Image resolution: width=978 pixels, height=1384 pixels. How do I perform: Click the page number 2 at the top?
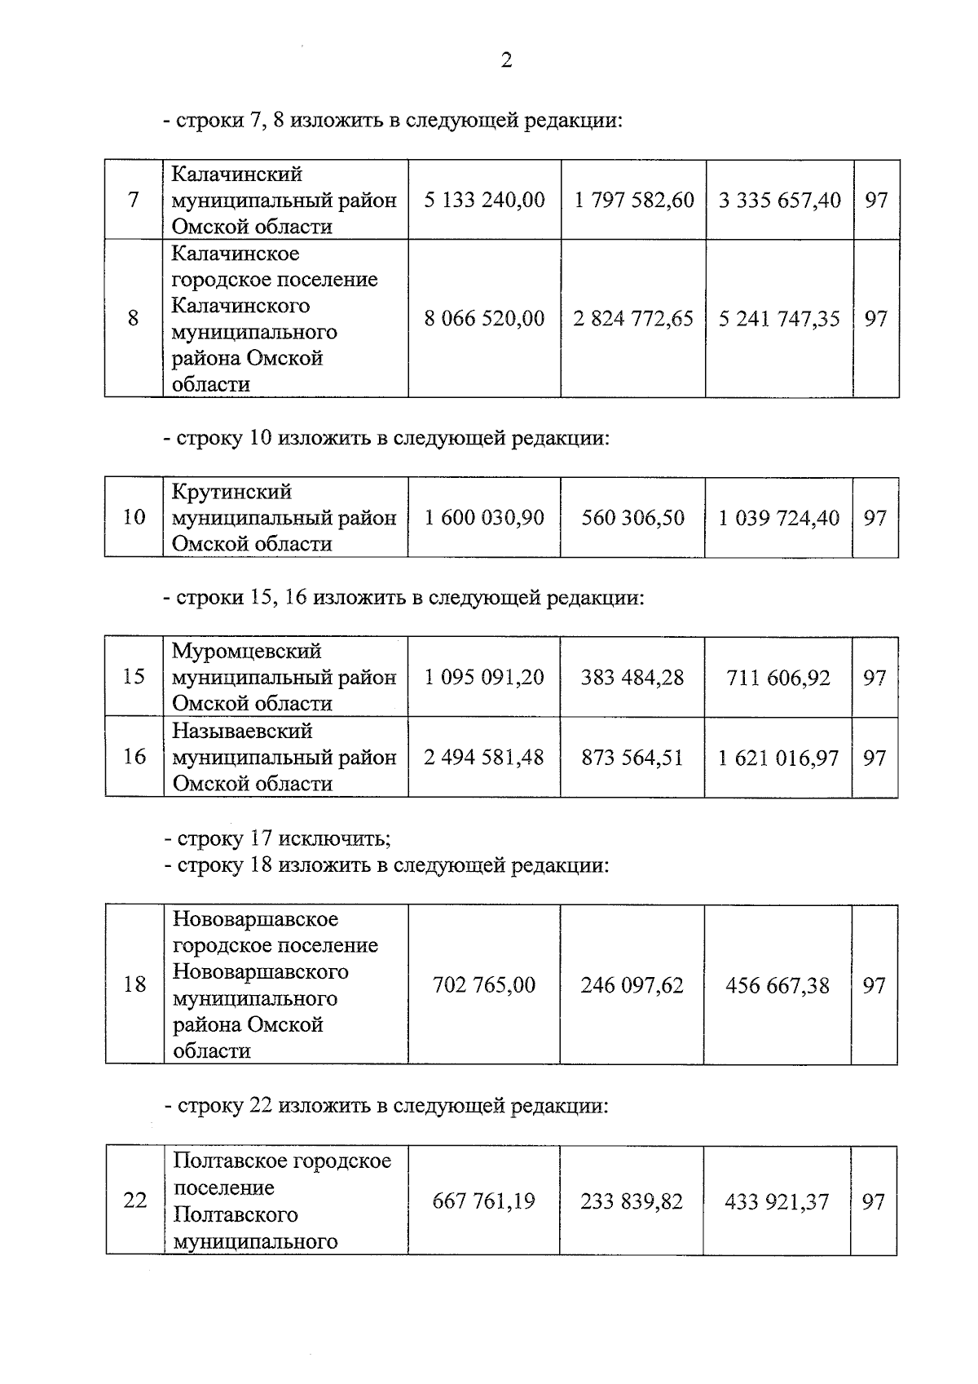pos(506,60)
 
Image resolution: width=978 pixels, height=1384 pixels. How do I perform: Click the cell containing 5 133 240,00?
pos(484,200)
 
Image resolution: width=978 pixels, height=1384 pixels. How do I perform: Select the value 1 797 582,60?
pos(634,200)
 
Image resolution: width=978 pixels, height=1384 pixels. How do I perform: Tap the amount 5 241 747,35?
pos(778,318)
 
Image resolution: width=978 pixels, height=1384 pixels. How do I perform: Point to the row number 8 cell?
pos(134,318)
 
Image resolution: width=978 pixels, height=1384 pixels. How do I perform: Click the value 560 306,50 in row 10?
pos(632,518)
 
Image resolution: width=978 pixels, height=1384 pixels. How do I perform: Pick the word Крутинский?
pos(231,492)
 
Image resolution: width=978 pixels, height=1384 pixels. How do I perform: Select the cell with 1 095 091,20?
pos(484,677)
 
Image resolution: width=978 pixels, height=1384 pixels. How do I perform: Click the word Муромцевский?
pos(246,651)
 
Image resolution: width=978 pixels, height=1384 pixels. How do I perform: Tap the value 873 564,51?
pos(632,758)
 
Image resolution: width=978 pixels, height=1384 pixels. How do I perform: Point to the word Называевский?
pos(242,731)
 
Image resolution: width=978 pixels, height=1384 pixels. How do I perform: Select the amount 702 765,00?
pos(484,985)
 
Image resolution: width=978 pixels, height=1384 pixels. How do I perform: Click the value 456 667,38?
pos(777,985)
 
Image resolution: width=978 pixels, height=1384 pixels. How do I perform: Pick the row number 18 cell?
pos(134,984)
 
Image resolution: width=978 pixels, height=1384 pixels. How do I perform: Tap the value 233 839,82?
pos(632,1201)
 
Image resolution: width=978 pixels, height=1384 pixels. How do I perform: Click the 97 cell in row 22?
pos(874,1201)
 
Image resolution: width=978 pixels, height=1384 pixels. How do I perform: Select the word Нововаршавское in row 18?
pos(255,919)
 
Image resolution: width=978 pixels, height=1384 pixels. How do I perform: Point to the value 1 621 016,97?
pos(778,758)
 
